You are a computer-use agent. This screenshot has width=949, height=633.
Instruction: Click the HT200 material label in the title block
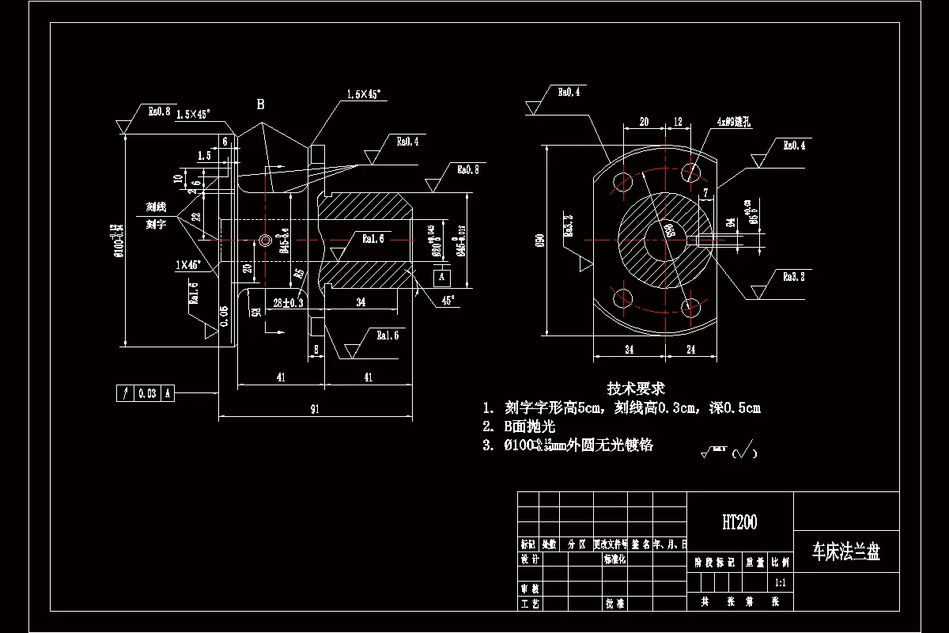[739, 522]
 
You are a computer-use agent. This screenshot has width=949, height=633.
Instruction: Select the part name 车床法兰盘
[846, 552]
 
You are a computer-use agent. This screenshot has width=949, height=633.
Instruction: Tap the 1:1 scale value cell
[780, 582]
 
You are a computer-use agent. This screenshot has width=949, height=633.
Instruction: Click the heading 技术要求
[635, 389]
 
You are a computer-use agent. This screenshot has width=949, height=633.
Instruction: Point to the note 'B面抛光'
[530, 426]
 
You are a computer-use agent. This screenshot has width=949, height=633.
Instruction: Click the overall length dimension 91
[316, 409]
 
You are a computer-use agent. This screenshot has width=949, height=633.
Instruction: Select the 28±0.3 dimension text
[289, 303]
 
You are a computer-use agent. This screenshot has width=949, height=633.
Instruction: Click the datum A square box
[442, 277]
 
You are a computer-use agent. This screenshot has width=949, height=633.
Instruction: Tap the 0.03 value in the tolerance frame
[146, 393]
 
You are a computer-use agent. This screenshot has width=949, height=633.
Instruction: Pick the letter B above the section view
[260, 104]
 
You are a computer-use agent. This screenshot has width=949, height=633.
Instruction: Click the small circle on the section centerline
[264, 240]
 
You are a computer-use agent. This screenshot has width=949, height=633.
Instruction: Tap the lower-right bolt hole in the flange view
[691, 305]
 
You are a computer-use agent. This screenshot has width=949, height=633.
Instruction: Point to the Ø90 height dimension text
[540, 241]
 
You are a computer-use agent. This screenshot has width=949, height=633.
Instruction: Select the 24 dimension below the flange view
[690, 348]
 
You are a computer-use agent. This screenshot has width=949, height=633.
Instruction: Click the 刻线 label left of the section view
[156, 207]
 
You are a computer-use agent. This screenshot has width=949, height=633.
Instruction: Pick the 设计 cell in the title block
[530, 559]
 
